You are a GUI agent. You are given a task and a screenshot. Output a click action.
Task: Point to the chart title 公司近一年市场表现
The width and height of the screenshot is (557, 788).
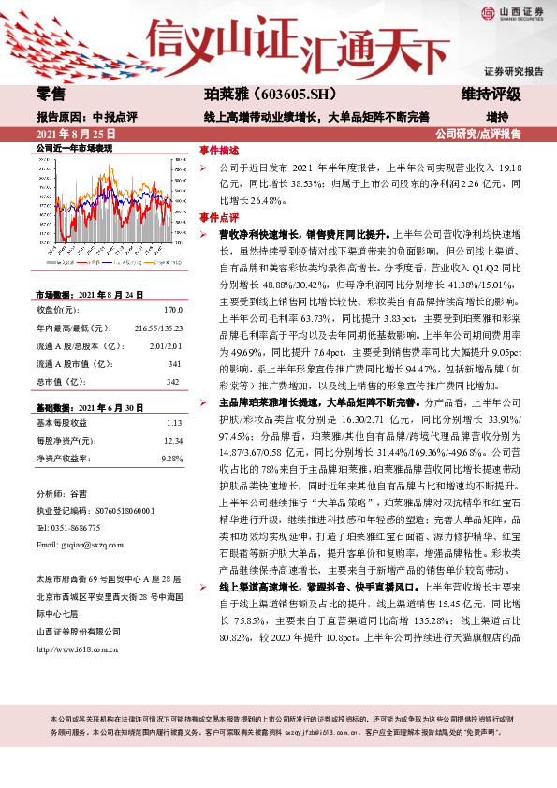[x=74, y=149]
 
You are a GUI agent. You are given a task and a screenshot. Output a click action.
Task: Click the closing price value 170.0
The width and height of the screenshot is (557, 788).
[x=171, y=309]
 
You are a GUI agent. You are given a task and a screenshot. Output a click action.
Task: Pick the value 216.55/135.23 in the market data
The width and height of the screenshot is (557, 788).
[x=158, y=328]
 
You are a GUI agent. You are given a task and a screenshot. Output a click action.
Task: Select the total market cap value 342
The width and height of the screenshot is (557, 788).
[x=172, y=382]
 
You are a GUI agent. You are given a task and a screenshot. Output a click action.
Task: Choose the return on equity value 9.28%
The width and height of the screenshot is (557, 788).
[x=170, y=458]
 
